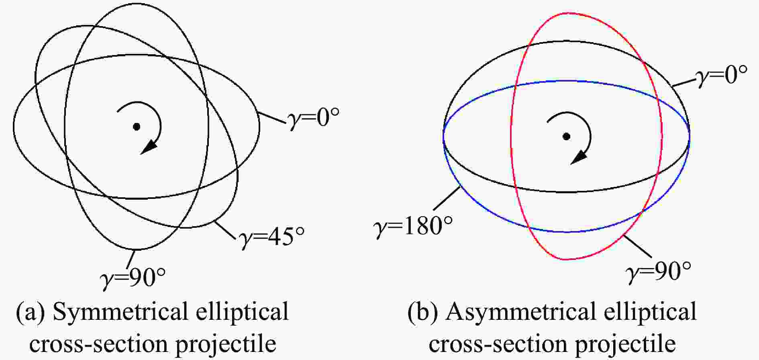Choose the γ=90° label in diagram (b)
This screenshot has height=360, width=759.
click(659, 272)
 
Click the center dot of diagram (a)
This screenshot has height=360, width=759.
click(137, 127)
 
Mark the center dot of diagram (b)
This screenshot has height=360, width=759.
click(566, 136)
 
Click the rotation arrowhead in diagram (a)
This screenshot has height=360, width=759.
click(149, 147)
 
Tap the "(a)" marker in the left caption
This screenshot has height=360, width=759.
click(31, 312)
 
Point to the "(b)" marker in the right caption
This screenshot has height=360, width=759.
click(423, 312)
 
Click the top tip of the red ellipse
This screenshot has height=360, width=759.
click(567, 13)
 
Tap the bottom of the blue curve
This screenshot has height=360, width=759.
click(566, 232)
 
